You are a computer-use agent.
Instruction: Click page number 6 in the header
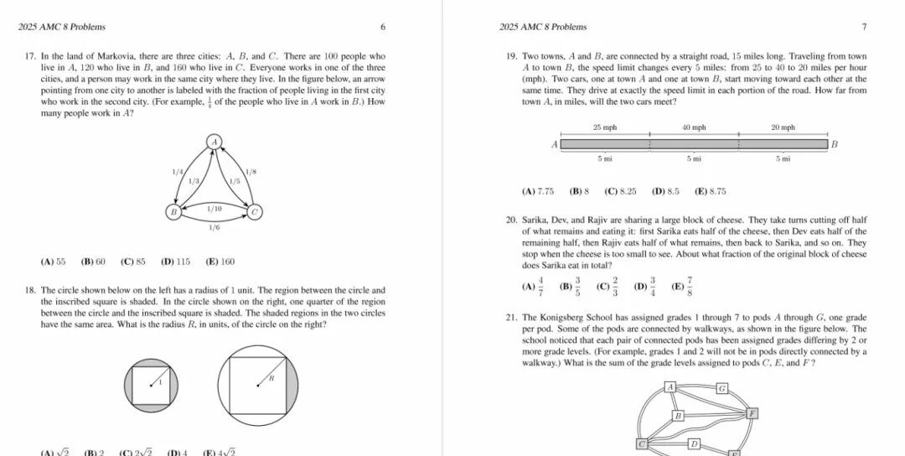(x=383, y=27)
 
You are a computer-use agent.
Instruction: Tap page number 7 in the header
(x=864, y=27)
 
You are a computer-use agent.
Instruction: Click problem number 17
(x=31, y=56)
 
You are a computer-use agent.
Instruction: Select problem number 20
(x=510, y=220)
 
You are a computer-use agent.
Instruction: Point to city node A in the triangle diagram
(x=215, y=142)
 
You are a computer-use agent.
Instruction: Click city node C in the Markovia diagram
(x=255, y=212)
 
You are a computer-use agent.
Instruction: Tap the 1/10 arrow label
(x=215, y=208)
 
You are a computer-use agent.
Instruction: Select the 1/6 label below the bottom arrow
(x=215, y=226)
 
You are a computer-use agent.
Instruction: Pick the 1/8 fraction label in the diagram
(x=251, y=172)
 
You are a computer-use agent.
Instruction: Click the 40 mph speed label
(x=694, y=127)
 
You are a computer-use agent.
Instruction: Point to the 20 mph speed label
(x=783, y=127)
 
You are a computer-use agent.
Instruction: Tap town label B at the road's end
(x=834, y=144)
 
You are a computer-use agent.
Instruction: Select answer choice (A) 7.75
(x=537, y=191)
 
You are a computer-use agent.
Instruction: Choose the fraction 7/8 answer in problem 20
(x=683, y=287)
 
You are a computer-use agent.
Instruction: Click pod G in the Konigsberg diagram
(x=721, y=388)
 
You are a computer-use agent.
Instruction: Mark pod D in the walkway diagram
(x=693, y=443)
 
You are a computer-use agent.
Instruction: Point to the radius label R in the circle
(x=271, y=379)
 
